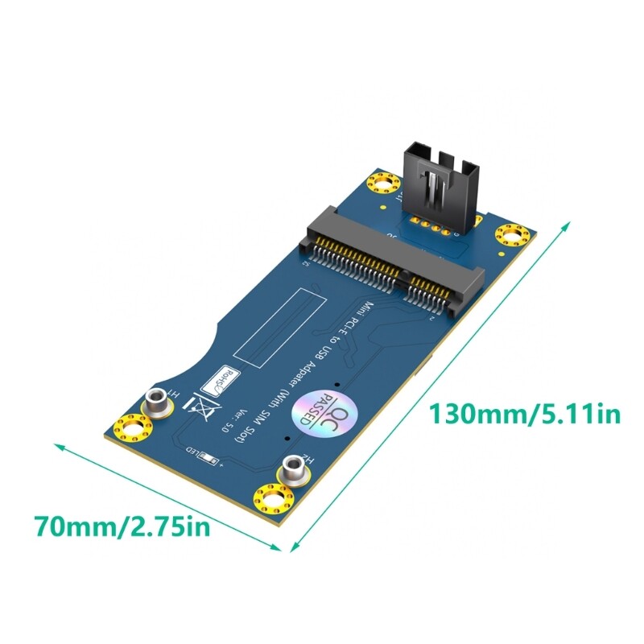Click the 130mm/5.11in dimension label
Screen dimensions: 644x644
point(524,415)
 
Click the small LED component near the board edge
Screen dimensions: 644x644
point(211,460)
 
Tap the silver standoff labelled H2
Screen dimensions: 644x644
point(295,469)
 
